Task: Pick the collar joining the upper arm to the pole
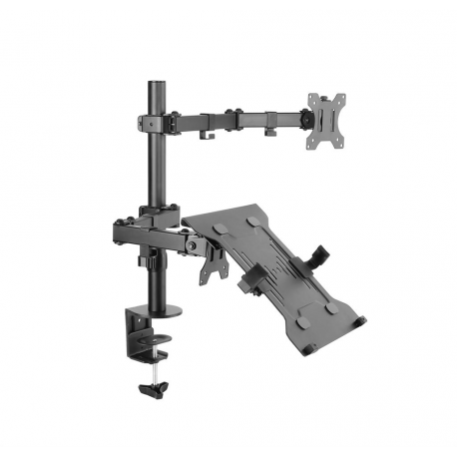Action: (155, 122)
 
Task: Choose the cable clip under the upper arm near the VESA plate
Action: (270, 130)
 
